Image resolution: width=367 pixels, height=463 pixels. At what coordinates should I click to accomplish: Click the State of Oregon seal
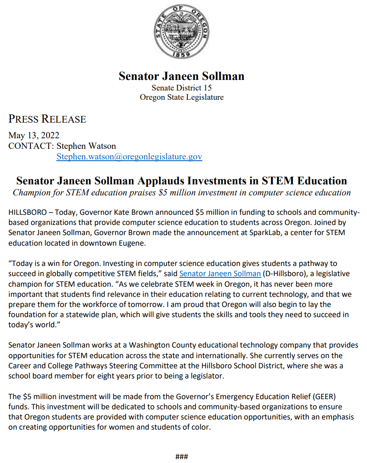tap(181, 32)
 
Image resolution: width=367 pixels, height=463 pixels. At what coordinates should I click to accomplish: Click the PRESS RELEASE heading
tap(47, 119)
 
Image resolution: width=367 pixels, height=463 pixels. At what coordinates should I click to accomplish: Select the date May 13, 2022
tap(34, 136)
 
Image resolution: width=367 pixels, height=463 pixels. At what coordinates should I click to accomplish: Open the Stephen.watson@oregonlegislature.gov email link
tap(129, 157)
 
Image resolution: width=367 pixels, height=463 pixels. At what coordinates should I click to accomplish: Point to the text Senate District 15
tap(182, 88)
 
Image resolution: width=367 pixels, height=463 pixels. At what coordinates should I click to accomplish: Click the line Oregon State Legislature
tap(182, 97)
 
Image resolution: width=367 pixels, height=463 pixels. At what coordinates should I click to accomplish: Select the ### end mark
tap(182, 457)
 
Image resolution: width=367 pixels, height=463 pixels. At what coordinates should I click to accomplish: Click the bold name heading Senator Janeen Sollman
tap(182, 76)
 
